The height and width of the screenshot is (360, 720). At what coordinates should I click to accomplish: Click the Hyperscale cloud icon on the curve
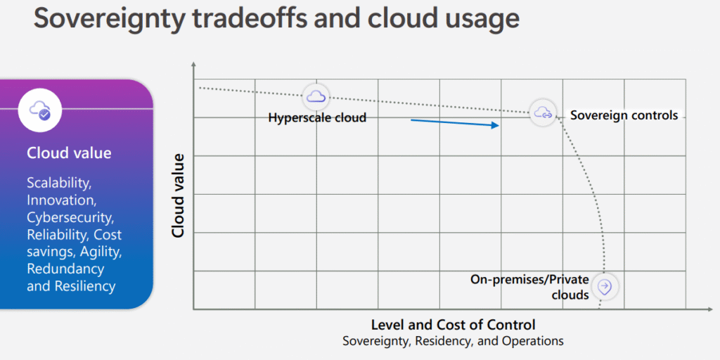316,96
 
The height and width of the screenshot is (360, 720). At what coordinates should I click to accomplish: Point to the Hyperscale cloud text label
317,118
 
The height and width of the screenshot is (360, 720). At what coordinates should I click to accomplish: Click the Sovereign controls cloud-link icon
543,112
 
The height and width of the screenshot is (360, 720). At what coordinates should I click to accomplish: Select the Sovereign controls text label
624,115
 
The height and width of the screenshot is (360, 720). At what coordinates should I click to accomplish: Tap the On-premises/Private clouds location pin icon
605,287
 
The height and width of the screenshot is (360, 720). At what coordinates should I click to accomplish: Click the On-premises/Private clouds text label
529,287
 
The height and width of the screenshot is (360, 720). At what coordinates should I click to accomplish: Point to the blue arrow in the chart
455,123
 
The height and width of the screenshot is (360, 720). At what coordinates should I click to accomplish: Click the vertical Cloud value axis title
178,195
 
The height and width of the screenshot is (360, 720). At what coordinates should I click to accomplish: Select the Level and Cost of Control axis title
454,325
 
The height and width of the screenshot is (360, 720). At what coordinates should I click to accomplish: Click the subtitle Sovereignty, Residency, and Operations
454,341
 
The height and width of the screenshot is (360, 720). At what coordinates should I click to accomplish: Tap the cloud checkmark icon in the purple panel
40,111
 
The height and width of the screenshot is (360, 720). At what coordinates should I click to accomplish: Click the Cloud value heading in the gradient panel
69,153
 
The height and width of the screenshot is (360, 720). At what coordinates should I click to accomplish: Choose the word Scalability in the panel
59,184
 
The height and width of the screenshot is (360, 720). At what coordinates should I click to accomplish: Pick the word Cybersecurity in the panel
71,218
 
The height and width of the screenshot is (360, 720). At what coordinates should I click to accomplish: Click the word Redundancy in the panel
65,269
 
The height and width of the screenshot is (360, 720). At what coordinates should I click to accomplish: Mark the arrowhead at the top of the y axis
194,64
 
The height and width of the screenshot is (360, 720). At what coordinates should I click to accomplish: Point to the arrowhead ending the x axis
710,309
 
